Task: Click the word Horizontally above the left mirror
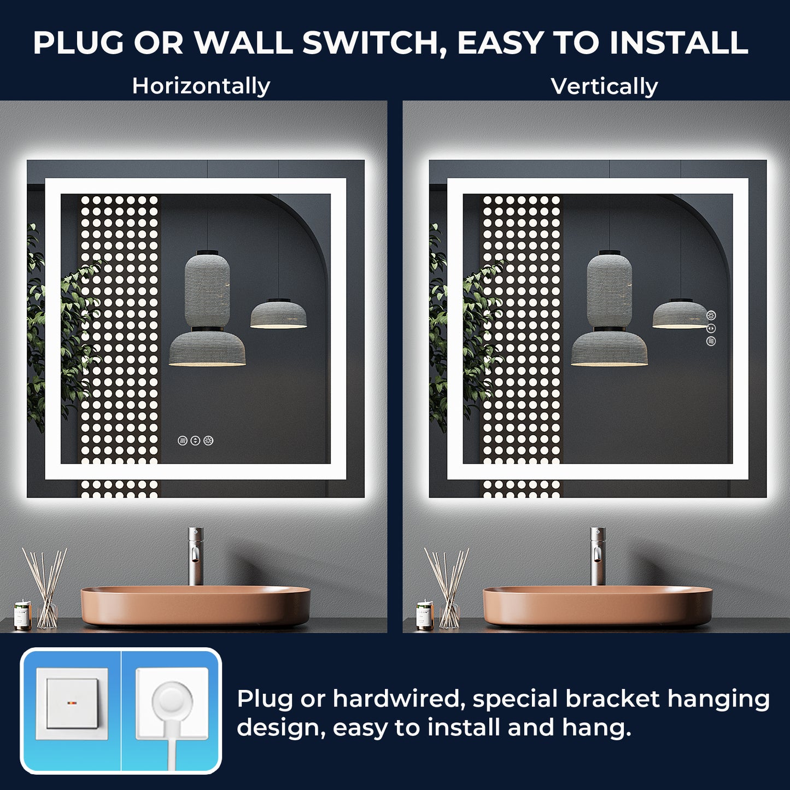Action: [201, 86]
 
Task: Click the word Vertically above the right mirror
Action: [604, 86]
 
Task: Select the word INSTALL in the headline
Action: [678, 43]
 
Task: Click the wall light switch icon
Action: [72, 704]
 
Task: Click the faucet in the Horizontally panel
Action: [195, 555]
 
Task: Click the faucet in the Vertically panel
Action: [598, 555]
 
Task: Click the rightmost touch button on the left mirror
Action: [208, 440]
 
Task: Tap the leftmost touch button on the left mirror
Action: [183, 440]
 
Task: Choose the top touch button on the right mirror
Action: [711, 315]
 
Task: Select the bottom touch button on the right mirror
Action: [711, 341]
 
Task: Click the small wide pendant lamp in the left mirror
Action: [278, 314]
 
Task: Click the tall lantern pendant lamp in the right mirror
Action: [609, 290]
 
